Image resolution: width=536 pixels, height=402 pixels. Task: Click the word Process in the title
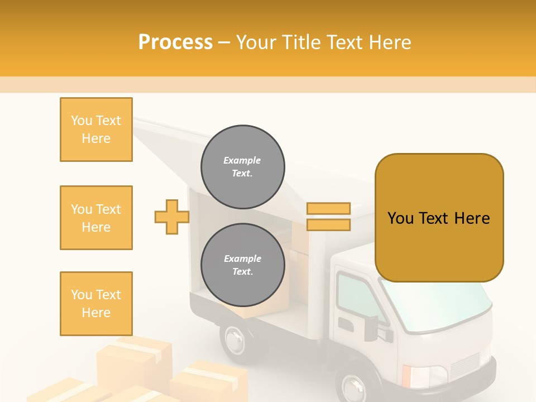[x=175, y=42]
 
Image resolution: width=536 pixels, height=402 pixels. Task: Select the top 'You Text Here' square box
[x=96, y=130]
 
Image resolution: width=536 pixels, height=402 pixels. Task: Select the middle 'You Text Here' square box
[x=96, y=218]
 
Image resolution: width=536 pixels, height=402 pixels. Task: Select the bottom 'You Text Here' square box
[x=96, y=304]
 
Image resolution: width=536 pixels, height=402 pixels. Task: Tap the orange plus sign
[x=171, y=217]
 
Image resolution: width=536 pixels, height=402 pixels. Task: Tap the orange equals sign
[x=328, y=217]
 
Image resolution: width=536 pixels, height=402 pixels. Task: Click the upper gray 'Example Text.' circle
[x=242, y=167]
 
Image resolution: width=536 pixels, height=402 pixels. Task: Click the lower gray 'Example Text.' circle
[x=242, y=265]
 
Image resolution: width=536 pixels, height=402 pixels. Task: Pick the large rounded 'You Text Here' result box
[x=439, y=218]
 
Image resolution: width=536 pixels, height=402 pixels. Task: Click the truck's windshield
[x=441, y=304]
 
